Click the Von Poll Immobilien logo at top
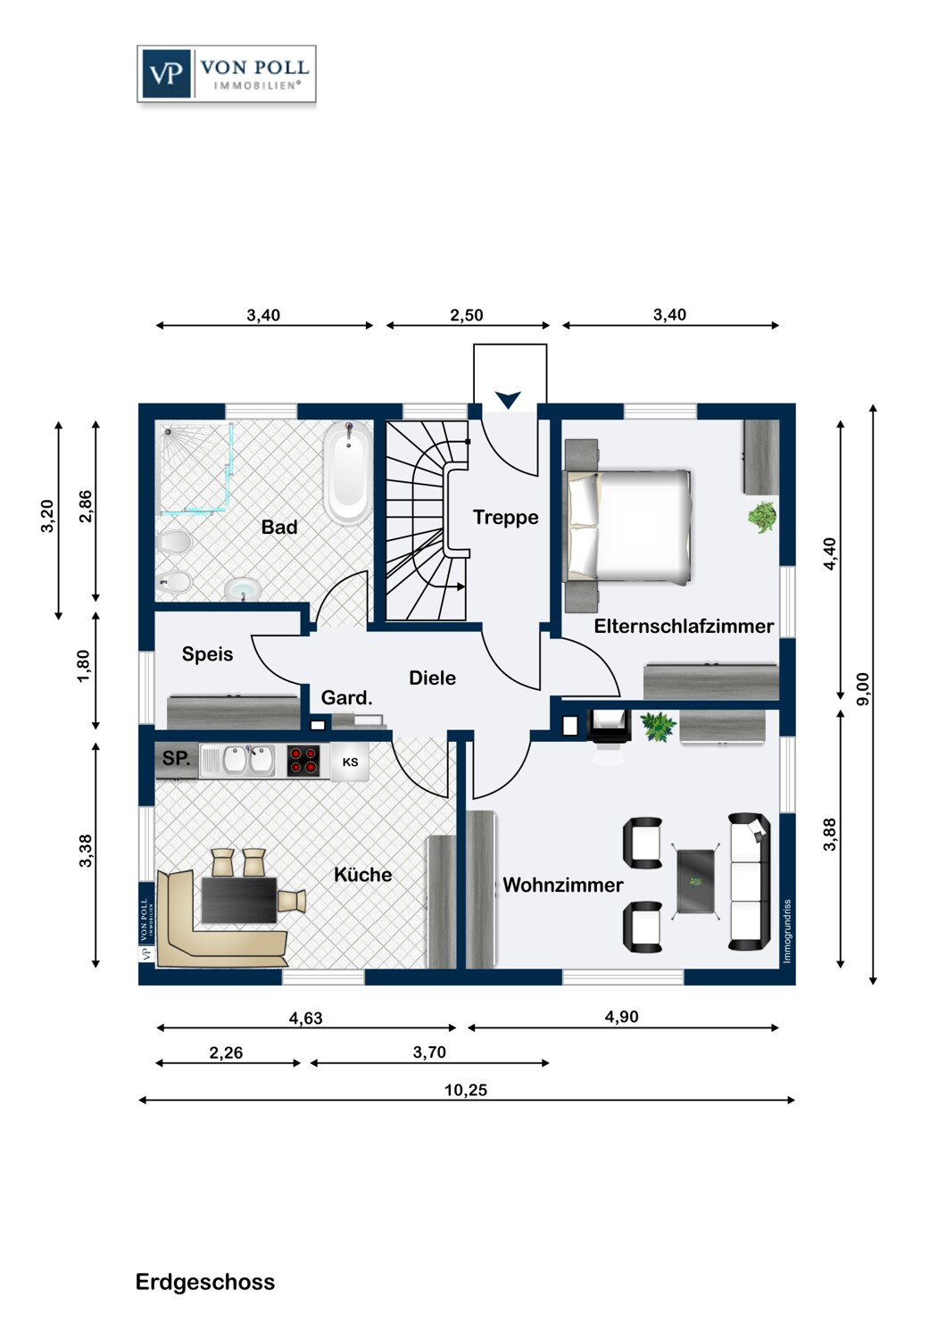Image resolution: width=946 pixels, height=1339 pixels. tap(227, 73)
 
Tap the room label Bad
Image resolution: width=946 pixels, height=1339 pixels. tap(279, 528)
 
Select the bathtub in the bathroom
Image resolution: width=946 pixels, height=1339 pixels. tap(347, 473)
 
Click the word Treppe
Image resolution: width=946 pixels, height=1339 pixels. tap(505, 518)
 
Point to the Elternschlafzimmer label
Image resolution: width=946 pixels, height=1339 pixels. tap(684, 626)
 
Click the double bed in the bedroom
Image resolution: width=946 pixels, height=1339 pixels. tap(628, 526)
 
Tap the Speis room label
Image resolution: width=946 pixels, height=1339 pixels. tap(207, 654)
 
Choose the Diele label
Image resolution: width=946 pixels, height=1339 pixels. tap(432, 678)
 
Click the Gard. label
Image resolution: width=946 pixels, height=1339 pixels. tap(346, 697)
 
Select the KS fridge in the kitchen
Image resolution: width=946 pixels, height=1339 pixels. tap(350, 762)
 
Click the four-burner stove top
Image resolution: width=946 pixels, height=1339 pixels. tap(303, 761)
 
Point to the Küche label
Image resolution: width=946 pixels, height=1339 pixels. tap(362, 875)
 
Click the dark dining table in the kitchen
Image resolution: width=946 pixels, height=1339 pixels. tap(239, 900)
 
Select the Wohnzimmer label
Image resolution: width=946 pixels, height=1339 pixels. tap(563, 885)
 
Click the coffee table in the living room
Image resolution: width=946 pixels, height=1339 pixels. tap(695, 882)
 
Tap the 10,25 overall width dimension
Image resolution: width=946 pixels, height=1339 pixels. tap(466, 1090)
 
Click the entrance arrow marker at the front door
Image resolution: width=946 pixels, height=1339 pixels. tap(508, 400)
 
